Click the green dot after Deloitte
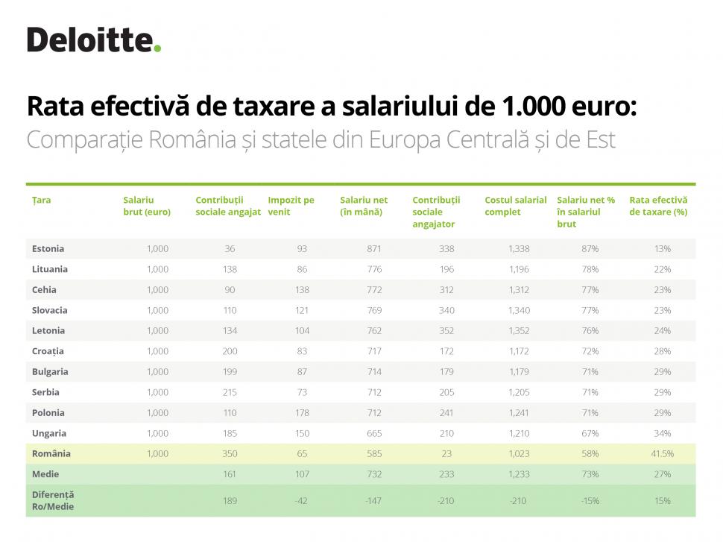click(157, 49)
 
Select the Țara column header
click(42, 200)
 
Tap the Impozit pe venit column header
click(291, 206)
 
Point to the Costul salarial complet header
click(515, 206)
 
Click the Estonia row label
click(48, 248)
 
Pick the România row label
click(51, 453)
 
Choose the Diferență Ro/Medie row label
click(53, 500)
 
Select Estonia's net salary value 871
click(373, 248)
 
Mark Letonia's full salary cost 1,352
click(519, 330)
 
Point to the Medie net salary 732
click(373, 474)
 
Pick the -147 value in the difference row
click(373, 501)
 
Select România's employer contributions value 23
click(445, 453)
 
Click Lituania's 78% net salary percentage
click(590, 269)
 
